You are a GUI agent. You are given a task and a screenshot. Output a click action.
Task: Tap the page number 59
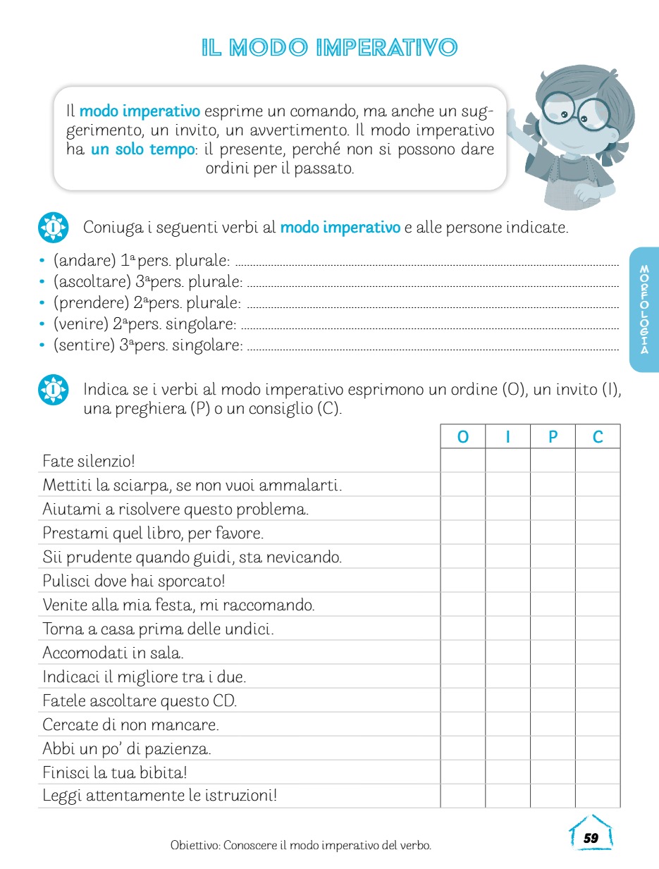coord(591,838)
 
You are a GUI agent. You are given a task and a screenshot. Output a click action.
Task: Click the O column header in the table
coord(462,437)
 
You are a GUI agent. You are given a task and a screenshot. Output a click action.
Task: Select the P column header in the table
coord(553,437)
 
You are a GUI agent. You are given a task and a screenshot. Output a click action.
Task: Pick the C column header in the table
coord(598,437)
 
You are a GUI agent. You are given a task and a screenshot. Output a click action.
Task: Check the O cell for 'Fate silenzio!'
coord(462,462)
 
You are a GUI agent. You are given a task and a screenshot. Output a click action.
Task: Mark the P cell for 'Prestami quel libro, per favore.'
coord(553,533)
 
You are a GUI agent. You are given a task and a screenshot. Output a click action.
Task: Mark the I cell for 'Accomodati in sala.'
coord(507,653)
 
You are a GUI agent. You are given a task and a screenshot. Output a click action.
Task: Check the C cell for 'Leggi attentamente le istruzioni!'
coord(598,796)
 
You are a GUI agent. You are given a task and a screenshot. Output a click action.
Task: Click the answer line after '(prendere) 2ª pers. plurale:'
coord(433,307)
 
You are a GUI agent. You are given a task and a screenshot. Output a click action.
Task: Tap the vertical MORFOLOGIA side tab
coord(644,309)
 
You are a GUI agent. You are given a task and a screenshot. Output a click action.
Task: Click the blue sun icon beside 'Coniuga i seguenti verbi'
coord(53,228)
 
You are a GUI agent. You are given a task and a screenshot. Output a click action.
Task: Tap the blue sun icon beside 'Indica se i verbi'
coord(53,389)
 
